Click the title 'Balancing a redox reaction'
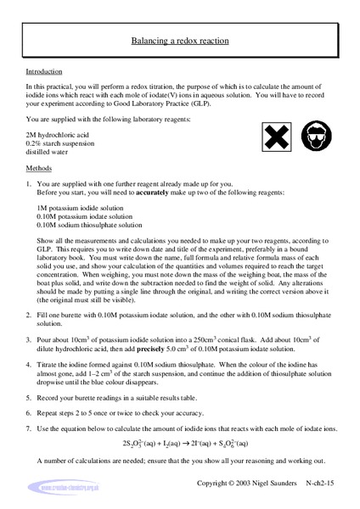tap(179, 40)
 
